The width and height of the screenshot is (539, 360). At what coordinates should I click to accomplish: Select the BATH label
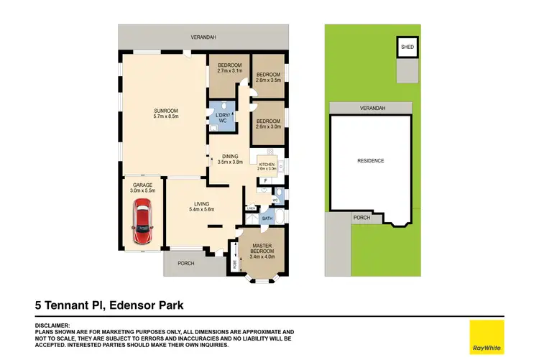click(267, 218)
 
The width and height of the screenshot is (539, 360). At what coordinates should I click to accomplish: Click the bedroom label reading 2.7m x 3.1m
click(230, 69)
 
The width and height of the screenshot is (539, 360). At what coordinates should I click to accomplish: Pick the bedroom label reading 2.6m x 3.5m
click(268, 77)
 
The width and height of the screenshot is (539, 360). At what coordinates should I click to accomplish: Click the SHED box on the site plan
click(407, 48)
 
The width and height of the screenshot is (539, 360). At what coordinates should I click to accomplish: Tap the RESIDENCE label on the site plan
click(371, 161)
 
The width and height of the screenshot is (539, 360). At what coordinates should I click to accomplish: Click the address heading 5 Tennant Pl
click(109, 305)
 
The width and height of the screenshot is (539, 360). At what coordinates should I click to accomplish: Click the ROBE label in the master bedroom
click(234, 263)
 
